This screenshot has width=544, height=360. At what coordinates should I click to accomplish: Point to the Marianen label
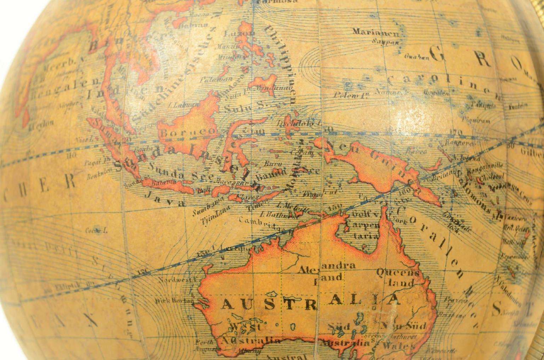[x=376, y=32]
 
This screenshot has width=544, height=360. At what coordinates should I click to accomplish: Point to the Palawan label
[x=211, y=80]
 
